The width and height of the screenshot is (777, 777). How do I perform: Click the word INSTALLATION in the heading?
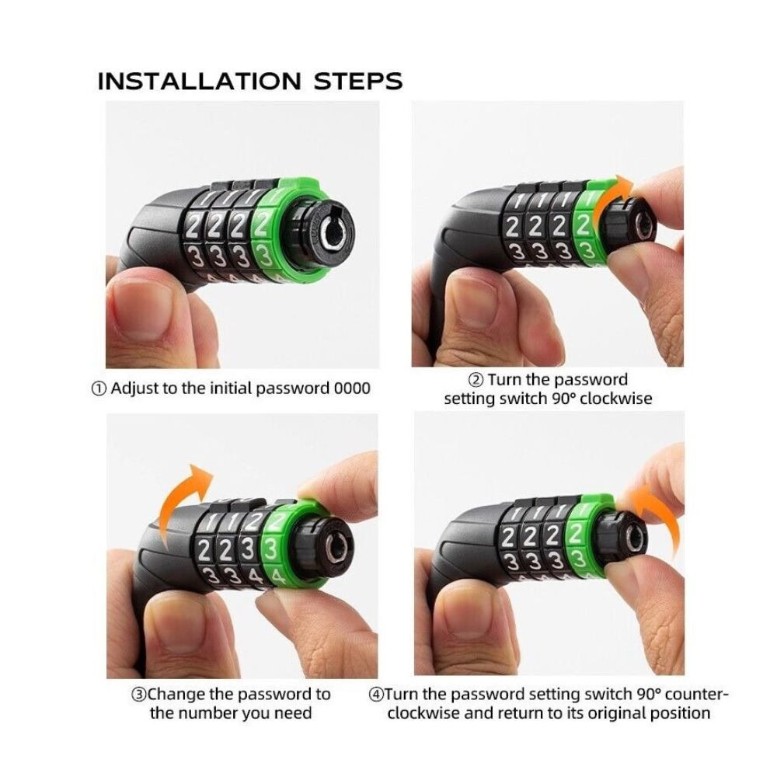[199, 82]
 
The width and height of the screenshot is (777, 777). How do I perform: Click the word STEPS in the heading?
[358, 82]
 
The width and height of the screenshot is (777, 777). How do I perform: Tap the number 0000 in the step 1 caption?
[352, 388]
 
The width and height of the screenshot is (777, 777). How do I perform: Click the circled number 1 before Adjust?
[99, 388]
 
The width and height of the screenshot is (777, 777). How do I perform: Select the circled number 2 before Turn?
[476, 380]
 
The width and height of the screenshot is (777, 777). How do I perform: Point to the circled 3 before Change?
[139, 694]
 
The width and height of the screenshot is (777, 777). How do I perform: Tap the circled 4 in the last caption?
[376, 694]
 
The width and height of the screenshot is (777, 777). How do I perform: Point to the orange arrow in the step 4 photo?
[657, 515]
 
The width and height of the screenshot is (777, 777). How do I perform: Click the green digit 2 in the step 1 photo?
[263, 226]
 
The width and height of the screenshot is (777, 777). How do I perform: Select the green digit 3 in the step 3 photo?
[271, 551]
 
